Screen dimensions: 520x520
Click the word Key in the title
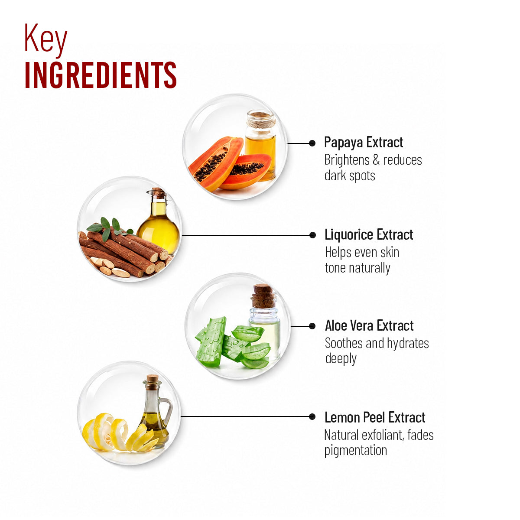pyautogui.click(x=45, y=40)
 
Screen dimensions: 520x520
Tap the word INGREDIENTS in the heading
pyautogui.click(x=101, y=75)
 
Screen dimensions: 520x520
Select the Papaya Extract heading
pyautogui.click(x=364, y=143)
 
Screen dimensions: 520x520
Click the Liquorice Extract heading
pyautogui.click(x=369, y=234)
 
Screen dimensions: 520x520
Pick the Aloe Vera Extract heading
pyautogui.click(x=369, y=325)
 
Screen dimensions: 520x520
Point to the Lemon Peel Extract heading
pyautogui.click(x=375, y=417)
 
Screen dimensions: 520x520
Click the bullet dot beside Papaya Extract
pyautogui.click(x=312, y=143)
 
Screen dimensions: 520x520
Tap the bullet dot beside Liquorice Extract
pyautogui.click(x=312, y=235)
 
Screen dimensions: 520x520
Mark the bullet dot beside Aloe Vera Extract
pyautogui.click(x=312, y=326)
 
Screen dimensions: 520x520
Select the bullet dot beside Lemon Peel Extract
pyautogui.click(x=312, y=417)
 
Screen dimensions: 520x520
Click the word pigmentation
pyautogui.click(x=356, y=451)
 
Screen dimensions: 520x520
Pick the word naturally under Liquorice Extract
pyautogui.click(x=370, y=268)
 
